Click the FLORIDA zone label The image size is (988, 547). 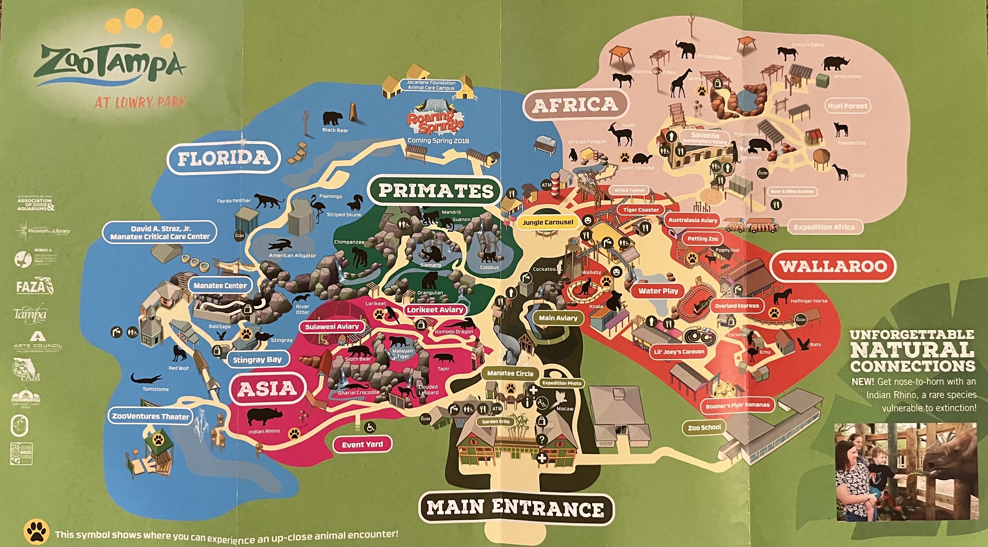point(224,158)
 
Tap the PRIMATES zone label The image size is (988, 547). point(436,191)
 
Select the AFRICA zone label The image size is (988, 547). point(575,105)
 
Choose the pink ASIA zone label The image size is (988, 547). point(267,389)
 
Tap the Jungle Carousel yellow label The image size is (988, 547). point(548,222)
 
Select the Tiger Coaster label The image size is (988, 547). point(641,210)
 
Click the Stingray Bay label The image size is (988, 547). point(257,360)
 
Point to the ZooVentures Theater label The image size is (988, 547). point(150,416)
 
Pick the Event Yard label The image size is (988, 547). point(362,445)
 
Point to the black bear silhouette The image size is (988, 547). point(332,118)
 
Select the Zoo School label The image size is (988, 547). point(704,427)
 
